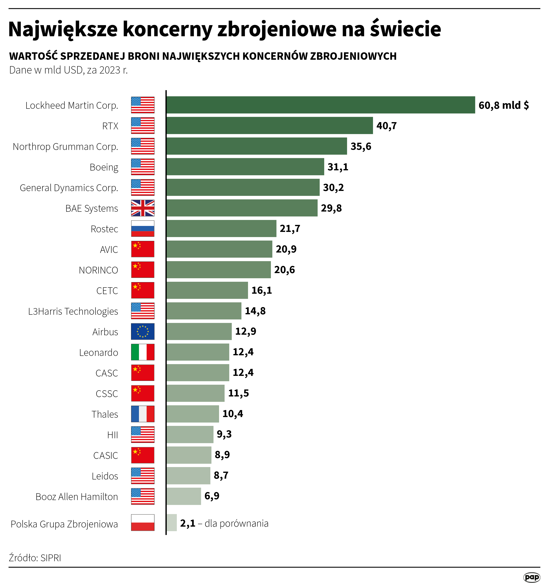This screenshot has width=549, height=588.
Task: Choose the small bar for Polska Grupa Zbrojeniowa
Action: click(171, 523)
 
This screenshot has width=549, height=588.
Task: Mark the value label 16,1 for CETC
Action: click(261, 290)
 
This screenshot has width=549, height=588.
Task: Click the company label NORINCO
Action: click(98, 270)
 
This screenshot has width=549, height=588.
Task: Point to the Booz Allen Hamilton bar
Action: click(184, 496)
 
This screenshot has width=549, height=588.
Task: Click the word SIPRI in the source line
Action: click(51, 558)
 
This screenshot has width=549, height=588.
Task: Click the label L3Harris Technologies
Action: click(73, 311)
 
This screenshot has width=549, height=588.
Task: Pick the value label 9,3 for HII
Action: click(224, 434)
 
